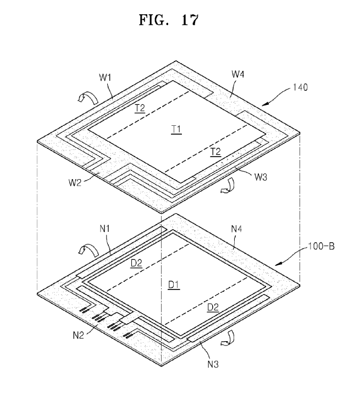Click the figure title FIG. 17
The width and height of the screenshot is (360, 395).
168,20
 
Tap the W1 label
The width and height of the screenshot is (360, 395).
106,78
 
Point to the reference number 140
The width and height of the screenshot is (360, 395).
301,87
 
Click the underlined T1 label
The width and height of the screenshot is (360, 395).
176,129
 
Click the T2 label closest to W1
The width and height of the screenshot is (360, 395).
140,108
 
